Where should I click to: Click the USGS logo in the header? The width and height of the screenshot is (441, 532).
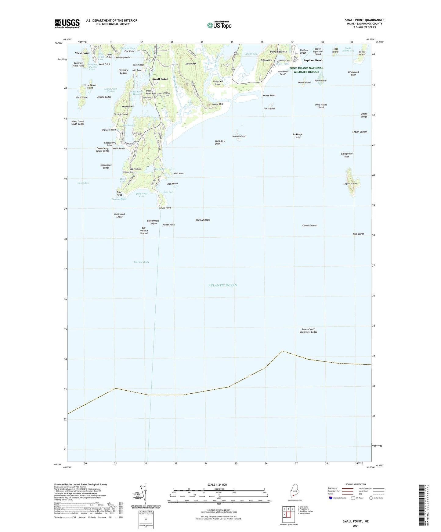click(67, 23)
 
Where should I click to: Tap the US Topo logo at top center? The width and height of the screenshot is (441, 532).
click(219, 25)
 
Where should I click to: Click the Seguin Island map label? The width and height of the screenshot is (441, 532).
click(350, 184)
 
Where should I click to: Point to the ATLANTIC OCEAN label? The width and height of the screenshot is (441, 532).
click(222, 285)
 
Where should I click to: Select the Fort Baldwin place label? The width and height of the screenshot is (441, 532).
click(278, 52)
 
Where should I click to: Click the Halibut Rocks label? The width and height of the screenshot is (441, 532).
click(203, 220)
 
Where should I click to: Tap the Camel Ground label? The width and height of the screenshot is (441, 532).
click(309, 225)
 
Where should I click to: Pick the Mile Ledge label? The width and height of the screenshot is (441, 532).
click(358, 234)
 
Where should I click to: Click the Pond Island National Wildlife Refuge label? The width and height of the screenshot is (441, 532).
click(306, 70)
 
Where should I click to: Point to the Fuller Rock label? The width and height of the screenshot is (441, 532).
click(169, 225)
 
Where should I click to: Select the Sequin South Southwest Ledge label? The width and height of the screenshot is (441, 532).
click(308, 331)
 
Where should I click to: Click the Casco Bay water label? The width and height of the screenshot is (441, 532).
click(83, 183)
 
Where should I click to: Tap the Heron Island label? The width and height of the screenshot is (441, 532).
click(239, 136)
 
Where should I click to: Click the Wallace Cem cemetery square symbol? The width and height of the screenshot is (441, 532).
click(136, 172)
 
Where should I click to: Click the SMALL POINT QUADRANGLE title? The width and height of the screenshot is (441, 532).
click(364, 20)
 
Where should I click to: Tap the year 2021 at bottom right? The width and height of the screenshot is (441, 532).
click(355, 526)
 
